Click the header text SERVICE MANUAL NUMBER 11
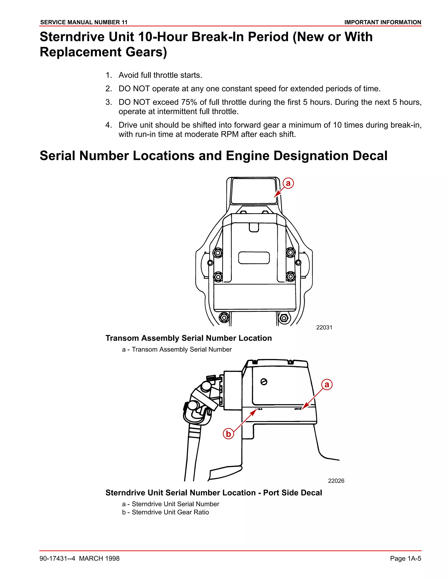coord(84,22)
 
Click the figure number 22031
coord(324,328)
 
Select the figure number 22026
coord(336,481)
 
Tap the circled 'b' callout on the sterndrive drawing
coord(228,434)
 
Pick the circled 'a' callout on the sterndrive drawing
coord(327,384)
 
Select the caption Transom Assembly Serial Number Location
coord(188,338)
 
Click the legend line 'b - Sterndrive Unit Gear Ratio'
coord(165,512)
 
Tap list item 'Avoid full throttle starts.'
coord(160,75)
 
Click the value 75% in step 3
coord(189,102)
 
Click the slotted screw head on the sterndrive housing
coord(264,382)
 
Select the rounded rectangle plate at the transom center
coord(254,258)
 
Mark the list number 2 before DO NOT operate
coord(108,89)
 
